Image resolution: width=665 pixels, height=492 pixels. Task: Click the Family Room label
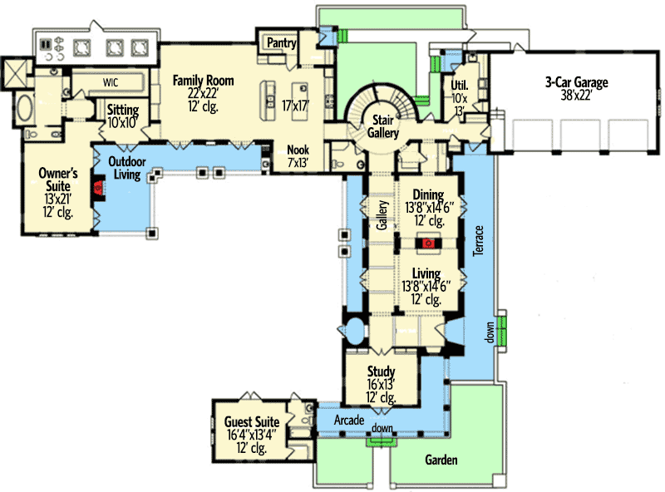203,81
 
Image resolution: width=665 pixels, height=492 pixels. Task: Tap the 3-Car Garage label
577,82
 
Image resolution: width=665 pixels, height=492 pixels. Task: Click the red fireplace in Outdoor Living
97,189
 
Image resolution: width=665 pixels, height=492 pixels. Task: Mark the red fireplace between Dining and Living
428,244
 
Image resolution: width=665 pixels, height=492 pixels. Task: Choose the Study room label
381,371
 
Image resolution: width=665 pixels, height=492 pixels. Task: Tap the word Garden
441,460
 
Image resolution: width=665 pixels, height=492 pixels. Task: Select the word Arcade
350,421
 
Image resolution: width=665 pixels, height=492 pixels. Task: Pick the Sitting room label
122,110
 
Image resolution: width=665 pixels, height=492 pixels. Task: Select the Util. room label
459,86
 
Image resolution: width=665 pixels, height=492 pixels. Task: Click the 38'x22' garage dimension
577,95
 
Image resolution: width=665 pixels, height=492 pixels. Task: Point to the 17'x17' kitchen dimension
295,106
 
